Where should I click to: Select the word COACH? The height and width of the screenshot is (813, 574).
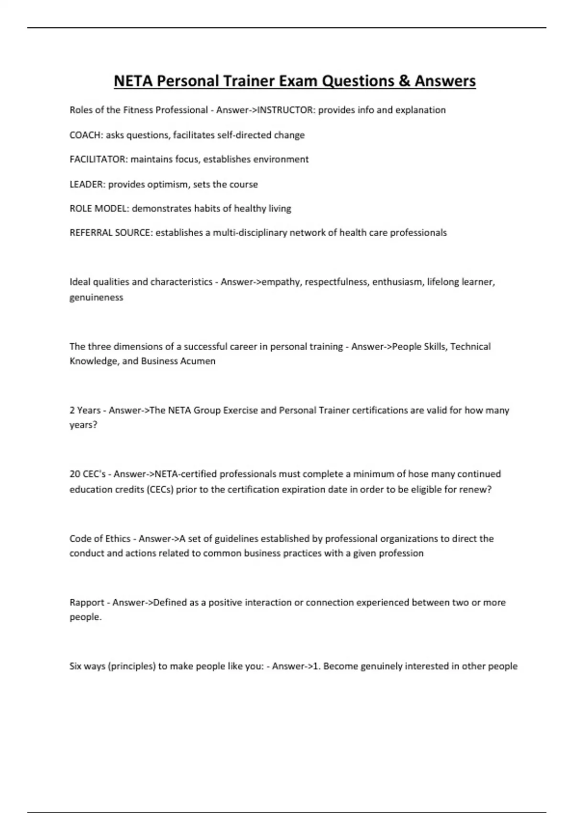click(x=86, y=135)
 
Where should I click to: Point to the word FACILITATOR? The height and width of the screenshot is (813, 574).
click(x=98, y=159)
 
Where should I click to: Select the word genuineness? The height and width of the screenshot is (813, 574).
click(x=96, y=297)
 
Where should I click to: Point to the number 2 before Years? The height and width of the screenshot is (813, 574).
click(x=72, y=410)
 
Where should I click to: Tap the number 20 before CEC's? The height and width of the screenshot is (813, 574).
click(x=75, y=474)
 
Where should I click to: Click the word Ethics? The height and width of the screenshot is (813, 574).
click(x=118, y=538)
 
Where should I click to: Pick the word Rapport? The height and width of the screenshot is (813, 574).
click(x=87, y=603)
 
